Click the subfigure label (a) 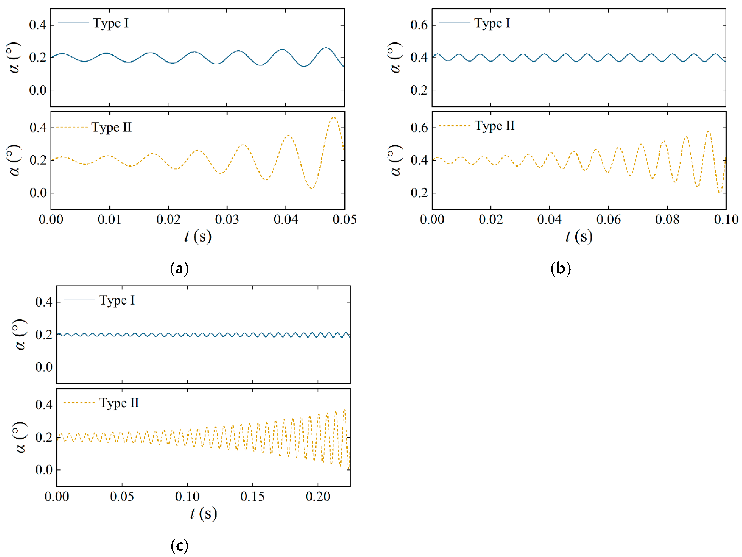(179, 269)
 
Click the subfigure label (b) (561, 269)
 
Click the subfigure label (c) (179, 546)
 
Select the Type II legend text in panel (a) (111, 127)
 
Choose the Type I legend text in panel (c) (117, 300)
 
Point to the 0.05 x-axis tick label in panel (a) (344, 220)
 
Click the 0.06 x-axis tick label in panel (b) (608, 220)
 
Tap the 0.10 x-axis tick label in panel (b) (726, 220)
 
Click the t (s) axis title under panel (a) (198, 237)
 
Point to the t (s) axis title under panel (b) (579, 237)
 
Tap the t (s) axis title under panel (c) (204, 514)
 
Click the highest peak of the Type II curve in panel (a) (333, 117)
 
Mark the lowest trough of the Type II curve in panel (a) (312, 188)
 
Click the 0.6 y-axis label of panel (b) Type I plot (419, 25)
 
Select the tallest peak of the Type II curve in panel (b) (708, 131)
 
